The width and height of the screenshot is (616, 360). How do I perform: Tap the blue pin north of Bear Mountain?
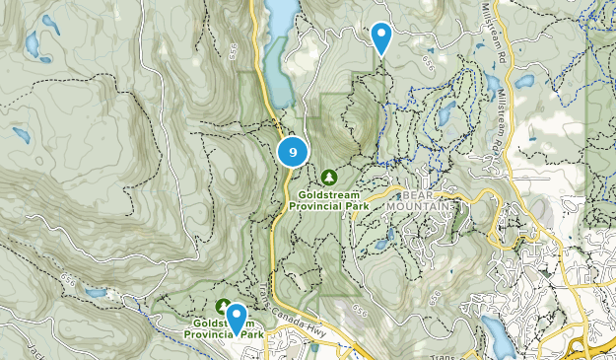(380, 37)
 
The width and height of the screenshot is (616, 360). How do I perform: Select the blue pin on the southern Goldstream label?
(237, 318)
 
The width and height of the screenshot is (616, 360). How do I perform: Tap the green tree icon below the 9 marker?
(329, 177)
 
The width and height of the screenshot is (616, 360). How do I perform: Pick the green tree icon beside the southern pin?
(223, 307)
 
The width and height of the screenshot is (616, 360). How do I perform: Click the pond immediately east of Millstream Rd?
(523, 82)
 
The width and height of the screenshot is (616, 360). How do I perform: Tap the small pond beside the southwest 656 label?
(95, 293)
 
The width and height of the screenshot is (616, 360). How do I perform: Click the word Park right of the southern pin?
(254, 335)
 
